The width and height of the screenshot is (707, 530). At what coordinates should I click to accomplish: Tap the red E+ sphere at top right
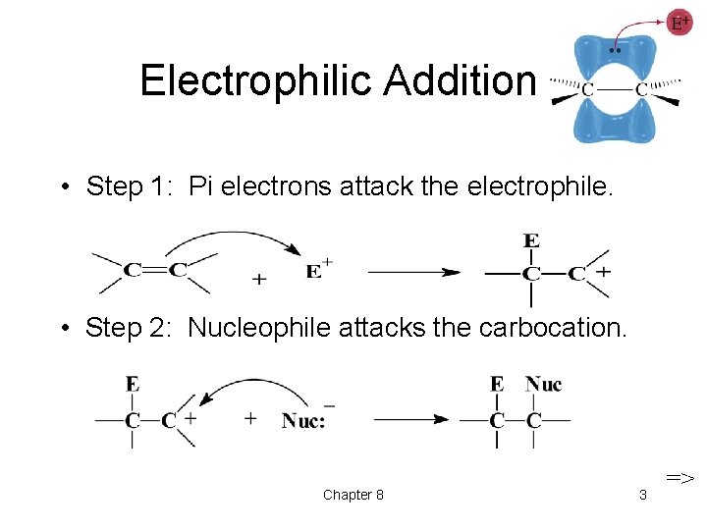click(680, 23)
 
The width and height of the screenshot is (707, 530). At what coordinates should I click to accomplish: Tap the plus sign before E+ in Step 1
click(258, 279)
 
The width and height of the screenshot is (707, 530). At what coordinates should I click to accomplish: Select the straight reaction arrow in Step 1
click(412, 272)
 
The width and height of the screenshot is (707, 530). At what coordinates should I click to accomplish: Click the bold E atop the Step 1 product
click(531, 240)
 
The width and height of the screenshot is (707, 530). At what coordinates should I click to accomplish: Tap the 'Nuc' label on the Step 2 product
click(543, 384)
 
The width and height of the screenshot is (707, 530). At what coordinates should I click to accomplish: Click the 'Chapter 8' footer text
click(353, 495)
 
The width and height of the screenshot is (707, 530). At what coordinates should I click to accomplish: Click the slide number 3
click(642, 495)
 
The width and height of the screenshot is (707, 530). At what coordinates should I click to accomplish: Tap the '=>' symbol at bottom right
click(680, 478)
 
